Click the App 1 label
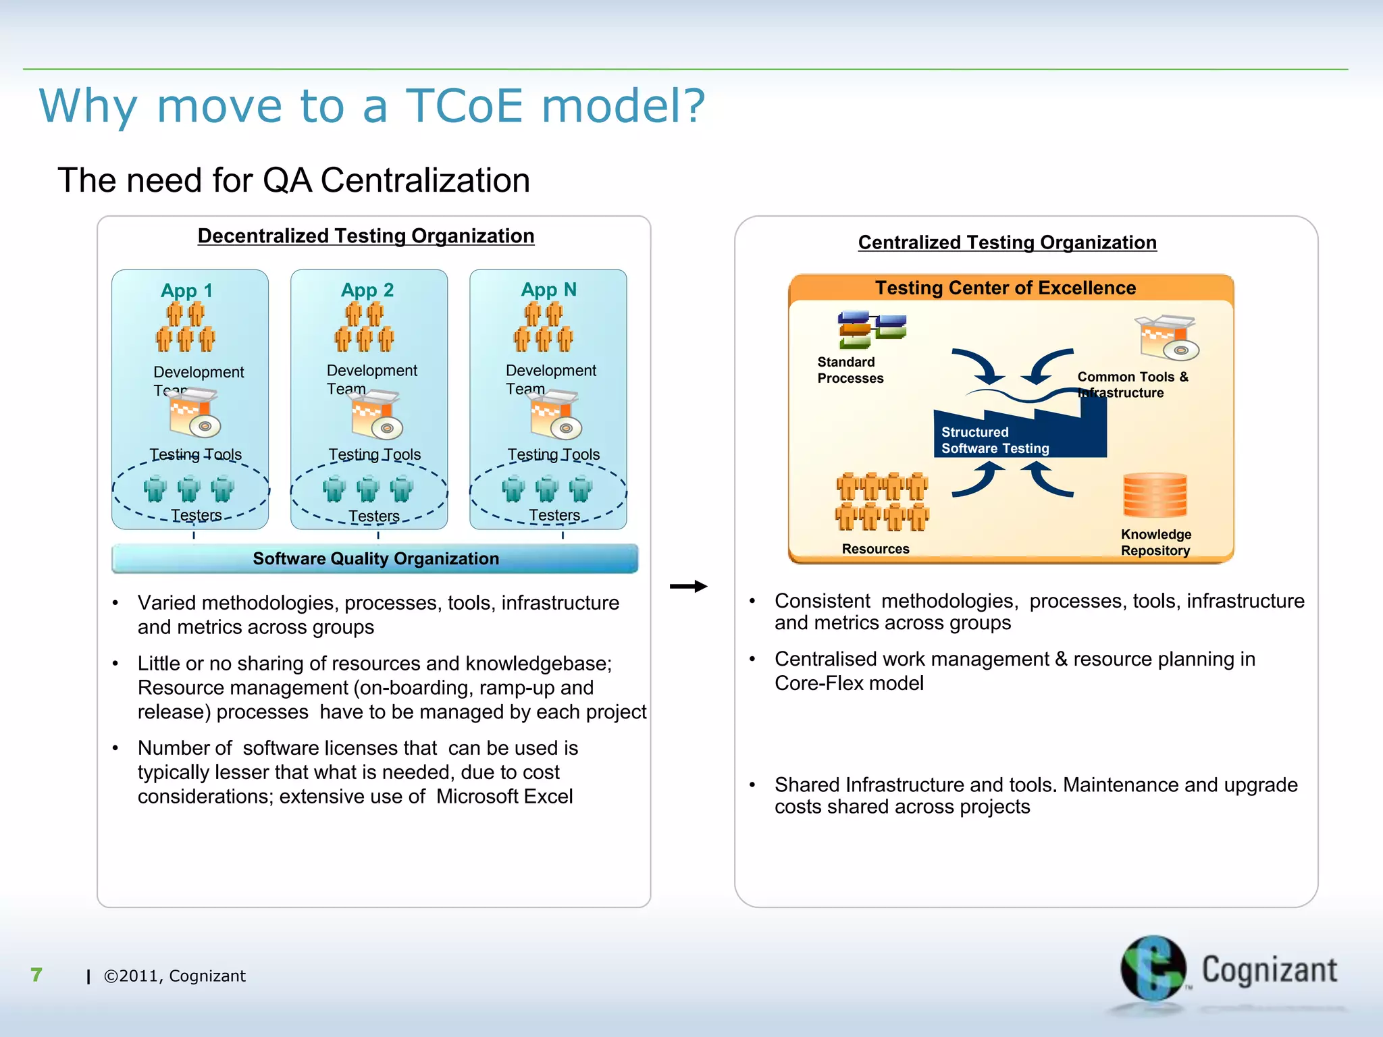point(186,290)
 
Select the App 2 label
point(367,290)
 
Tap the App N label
point(548,289)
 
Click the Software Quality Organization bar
point(375,558)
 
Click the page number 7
point(36,974)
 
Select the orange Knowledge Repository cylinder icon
point(1155,496)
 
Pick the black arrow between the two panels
point(688,586)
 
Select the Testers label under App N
point(554,515)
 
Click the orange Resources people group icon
point(882,502)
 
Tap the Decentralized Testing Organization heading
point(365,236)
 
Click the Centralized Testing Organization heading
point(1007,242)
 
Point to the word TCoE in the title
point(464,106)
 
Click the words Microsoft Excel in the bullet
point(504,797)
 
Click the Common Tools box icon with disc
point(1166,338)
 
